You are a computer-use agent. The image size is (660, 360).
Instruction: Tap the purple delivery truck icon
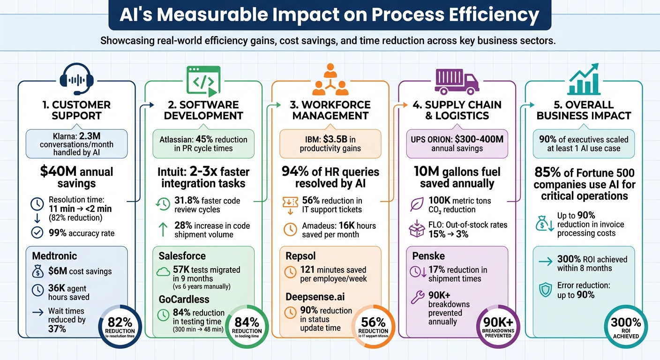click(457, 81)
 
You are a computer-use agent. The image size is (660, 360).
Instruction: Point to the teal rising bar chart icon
click(584, 80)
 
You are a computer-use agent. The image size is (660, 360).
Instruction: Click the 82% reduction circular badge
click(118, 327)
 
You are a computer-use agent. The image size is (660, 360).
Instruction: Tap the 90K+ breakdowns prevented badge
click(498, 327)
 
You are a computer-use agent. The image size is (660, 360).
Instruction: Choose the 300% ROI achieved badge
click(625, 327)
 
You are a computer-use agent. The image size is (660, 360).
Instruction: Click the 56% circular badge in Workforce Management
click(374, 327)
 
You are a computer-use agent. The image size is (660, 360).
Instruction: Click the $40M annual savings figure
click(76, 177)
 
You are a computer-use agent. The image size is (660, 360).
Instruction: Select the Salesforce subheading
click(182, 256)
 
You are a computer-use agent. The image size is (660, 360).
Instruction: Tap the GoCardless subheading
click(184, 299)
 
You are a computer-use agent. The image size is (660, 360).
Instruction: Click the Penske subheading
click(428, 256)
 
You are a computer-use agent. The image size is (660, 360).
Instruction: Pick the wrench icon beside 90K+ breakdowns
click(417, 297)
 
